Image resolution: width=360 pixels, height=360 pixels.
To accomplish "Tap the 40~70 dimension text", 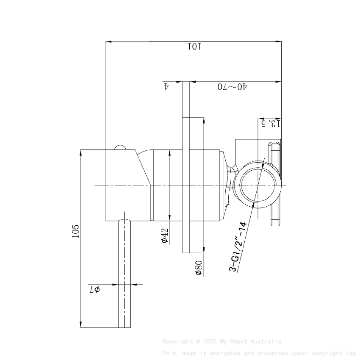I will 233,87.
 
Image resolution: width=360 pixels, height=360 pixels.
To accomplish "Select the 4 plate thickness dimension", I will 166,86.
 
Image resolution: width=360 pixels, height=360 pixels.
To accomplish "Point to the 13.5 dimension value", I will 271,123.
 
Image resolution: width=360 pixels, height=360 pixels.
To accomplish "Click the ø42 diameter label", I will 165,235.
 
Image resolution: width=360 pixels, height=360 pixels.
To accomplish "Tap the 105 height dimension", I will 76,231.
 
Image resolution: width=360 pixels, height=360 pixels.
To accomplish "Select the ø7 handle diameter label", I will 94,290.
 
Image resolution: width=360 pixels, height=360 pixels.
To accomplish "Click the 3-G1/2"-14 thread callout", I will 238,246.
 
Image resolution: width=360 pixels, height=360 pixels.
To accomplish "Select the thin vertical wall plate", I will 186,169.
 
